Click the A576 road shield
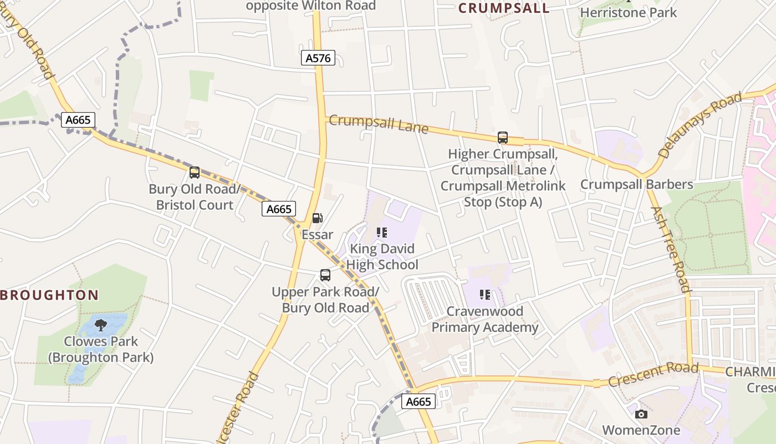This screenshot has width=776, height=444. click(x=318, y=58)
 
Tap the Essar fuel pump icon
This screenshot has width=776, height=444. click(x=317, y=218)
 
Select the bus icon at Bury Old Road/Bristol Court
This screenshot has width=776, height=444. click(x=195, y=172)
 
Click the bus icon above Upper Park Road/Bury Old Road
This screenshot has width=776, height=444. click(x=325, y=275)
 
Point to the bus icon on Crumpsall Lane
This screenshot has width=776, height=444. click(x=503, y=137)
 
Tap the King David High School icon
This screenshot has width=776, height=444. click(x=382, y=232)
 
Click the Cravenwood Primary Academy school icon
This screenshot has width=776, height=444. click(x=485, y=295)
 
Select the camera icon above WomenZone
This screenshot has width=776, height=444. click(x=641, y=414)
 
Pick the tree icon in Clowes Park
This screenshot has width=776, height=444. click(x=100, y=325)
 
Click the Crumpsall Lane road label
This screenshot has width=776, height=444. click(x=379, y=123)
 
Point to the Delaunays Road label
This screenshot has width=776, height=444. click(x=700, y=125)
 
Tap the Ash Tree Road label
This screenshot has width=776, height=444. click(x=671, y=249)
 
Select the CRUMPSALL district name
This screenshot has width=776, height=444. click(x=504, y=8)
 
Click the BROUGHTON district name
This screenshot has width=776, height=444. click(x=49, y=295)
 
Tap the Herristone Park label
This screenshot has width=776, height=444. click(x=628, y=12)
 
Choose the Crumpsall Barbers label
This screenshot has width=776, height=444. click(x=636, y=184)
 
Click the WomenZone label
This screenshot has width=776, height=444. click(x=641, y=430)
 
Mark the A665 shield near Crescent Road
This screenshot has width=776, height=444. click(x=418, y=402)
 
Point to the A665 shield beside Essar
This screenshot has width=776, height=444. click(x=278, y=209)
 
